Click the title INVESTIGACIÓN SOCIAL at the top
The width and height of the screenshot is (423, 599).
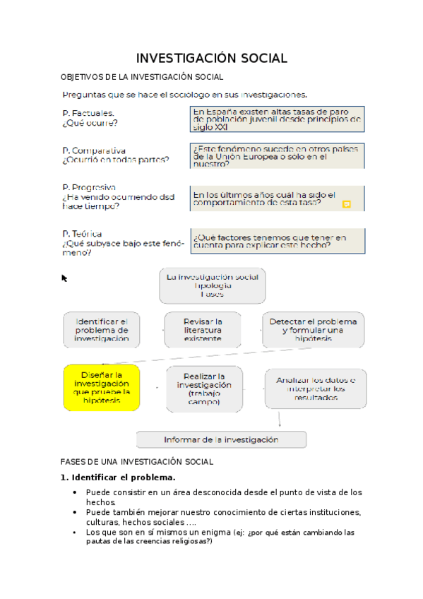[211, 58]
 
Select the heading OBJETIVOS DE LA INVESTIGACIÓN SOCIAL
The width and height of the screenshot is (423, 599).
[142, 76]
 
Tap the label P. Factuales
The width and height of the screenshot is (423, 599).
[88, 113]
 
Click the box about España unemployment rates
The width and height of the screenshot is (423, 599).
[278, 119]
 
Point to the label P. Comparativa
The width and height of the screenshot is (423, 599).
[94, 150]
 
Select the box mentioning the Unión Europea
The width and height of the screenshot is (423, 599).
[278, 156]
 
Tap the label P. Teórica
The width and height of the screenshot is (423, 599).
[82, 234]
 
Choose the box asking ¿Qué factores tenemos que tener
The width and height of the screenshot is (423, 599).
[278, 241]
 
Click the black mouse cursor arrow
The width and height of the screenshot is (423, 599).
[64, 278]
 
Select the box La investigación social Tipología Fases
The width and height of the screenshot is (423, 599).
[212, 285]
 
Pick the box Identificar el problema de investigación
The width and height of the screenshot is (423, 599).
[102, 330]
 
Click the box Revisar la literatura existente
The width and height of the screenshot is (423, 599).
[203, 330]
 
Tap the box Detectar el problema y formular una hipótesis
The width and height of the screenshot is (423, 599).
[313, 330]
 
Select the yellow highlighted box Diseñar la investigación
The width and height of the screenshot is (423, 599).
[102, 388]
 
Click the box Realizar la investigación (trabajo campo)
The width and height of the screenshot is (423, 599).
[204, 389]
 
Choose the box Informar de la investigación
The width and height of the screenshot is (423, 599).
[221, 439]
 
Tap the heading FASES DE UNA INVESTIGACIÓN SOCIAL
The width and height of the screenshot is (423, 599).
[137, 462]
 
